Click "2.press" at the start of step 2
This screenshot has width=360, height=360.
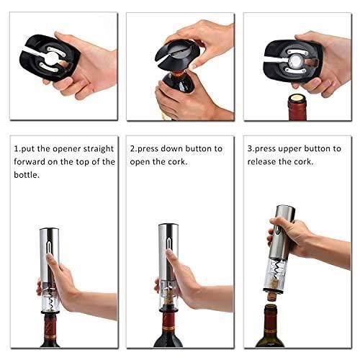[148, 148]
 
